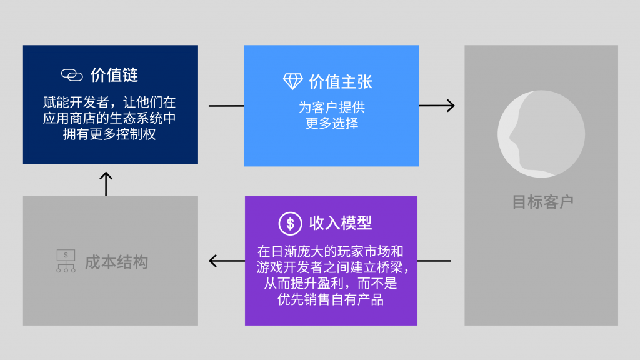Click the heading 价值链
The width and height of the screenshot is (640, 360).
coord(114,76)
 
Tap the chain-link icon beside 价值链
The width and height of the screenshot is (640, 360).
coord(72,76)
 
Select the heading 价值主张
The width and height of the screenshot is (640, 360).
coord(341,81)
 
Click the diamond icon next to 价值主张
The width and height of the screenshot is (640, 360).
coord(293,81)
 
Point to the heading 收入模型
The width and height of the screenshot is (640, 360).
coord(341,222)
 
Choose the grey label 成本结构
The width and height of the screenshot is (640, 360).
coord(117,262)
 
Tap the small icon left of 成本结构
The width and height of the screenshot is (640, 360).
coord(66,262)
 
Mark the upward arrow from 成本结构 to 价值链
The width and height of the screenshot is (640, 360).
coord(106,183)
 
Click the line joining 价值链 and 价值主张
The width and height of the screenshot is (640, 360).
coord(226,106)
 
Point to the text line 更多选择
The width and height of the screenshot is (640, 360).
coord(331,123)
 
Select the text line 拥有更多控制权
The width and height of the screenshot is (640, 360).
coord(110,134)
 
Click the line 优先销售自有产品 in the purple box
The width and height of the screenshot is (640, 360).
coord(331,300)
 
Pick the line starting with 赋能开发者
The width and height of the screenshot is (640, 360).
coord(110,102)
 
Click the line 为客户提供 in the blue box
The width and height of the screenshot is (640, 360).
coord(331,107)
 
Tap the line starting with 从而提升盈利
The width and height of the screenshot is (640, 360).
coord(331,284)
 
